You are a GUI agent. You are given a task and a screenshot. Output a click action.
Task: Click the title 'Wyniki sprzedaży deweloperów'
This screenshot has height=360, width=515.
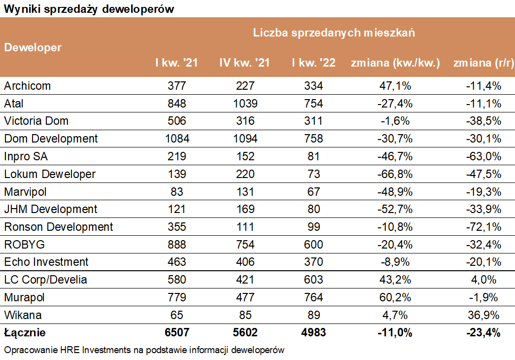coord(89,9)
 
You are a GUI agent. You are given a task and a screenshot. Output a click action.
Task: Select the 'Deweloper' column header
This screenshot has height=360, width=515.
coord(33,48)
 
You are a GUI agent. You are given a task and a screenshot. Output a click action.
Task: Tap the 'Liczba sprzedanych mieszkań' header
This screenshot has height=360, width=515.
coord(334,33)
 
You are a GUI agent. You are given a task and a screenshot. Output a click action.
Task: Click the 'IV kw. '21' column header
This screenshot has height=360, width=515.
coord(244,63)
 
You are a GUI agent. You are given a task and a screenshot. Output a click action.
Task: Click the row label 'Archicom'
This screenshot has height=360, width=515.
coord(28,86)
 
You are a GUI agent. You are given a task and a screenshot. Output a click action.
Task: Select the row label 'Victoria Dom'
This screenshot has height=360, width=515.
coord(36,121)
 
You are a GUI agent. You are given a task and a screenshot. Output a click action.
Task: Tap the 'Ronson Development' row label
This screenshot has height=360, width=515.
coord(59,227)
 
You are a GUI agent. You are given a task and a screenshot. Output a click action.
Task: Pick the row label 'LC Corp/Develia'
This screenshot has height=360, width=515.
coord(45,280)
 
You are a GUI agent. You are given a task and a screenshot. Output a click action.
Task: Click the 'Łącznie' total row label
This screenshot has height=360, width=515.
coord(25,333)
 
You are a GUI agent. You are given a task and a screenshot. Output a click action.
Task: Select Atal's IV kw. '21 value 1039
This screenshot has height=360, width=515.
coord(244,104)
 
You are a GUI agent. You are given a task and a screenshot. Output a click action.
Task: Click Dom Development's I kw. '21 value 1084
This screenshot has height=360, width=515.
coord(176,139)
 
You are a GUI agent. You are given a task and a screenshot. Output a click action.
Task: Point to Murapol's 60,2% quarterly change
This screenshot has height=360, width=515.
coord(394,297)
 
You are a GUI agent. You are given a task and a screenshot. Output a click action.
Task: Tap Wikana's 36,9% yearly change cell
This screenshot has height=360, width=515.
coord(483,315)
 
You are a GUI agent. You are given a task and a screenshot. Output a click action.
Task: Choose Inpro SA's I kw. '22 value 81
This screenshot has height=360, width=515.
coord(313,156)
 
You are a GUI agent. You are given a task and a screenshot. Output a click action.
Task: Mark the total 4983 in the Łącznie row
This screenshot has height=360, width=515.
coord(313,333)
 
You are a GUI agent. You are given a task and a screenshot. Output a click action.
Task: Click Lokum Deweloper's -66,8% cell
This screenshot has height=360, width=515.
coord(394,174)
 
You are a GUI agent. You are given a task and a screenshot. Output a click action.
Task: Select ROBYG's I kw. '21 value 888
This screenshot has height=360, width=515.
coord(176,245)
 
